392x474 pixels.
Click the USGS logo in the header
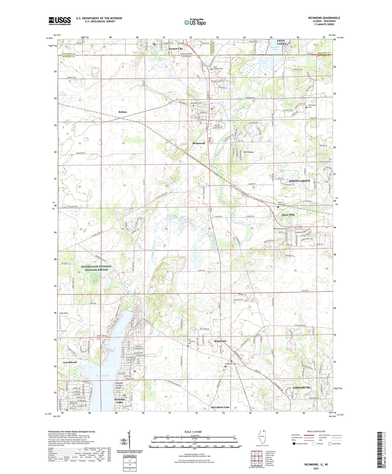60,21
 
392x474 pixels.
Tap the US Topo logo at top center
195,22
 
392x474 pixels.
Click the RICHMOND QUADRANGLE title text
324,18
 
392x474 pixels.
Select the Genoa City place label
176,49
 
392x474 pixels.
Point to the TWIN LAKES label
281,42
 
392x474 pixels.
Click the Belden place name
123,112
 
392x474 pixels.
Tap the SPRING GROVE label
299,181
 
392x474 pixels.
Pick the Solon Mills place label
288,215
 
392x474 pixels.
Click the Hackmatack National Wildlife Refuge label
96,268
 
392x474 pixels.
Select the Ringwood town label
220,341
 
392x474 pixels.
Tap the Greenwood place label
70,362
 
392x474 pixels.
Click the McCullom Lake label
220,407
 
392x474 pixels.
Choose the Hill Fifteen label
248,152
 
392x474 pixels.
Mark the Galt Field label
64,313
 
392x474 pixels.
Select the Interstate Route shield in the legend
294,444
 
